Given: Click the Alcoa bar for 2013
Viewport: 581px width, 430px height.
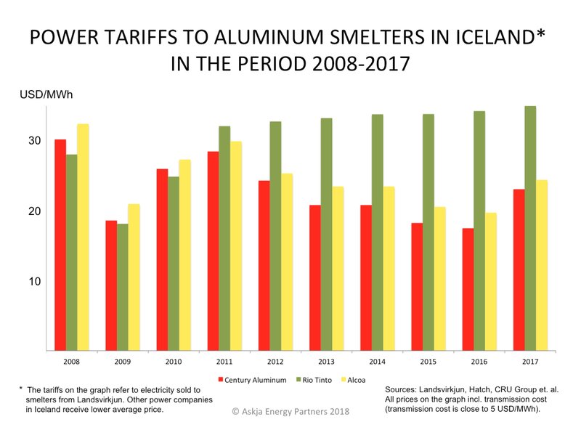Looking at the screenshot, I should pos(338,269).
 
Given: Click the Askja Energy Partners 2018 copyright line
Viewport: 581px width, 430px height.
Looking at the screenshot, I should pos(290,412).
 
